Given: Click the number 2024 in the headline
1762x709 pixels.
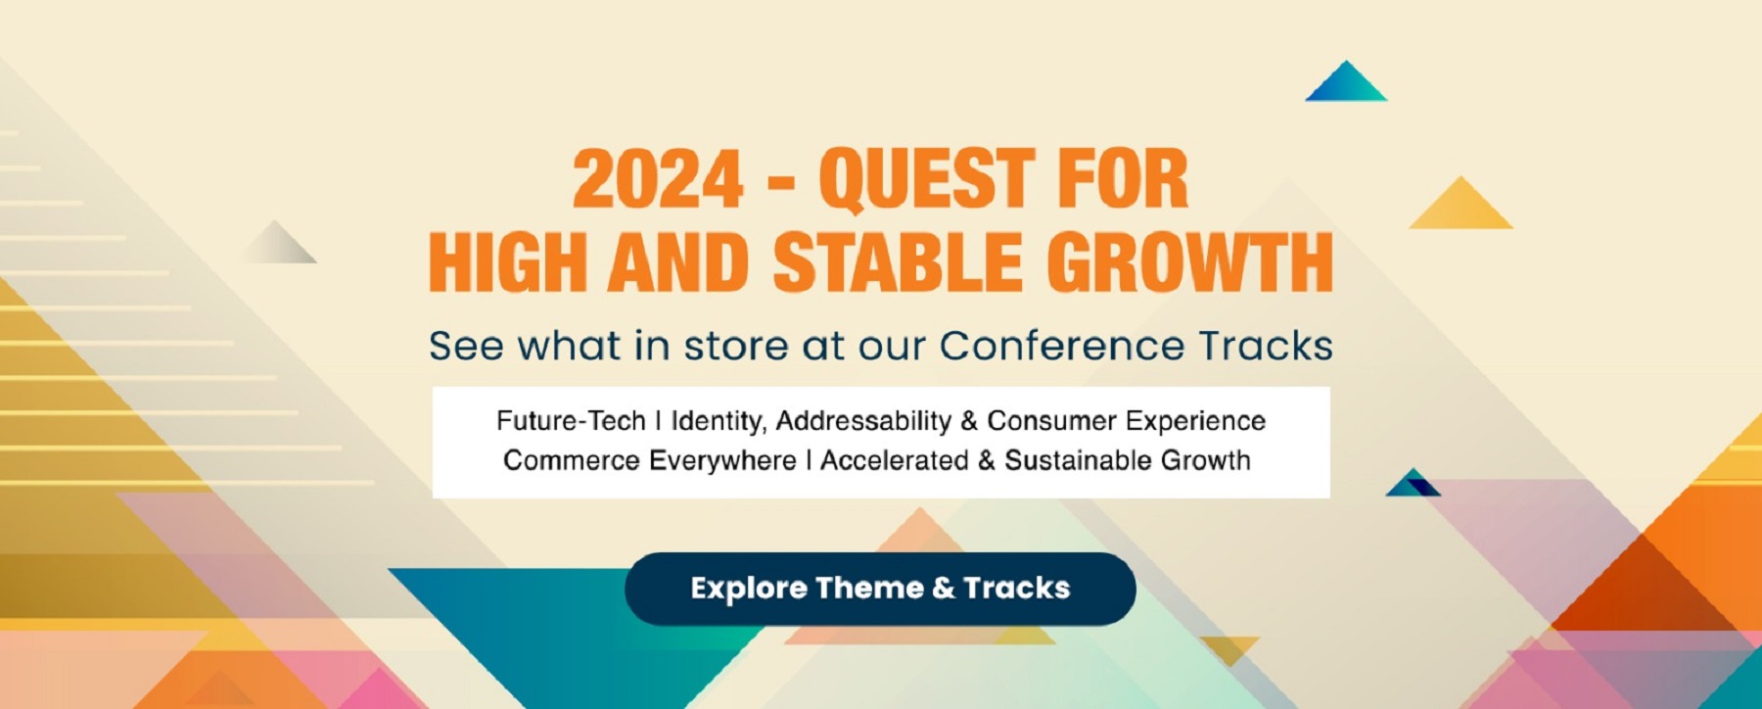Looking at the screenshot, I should (658, 180).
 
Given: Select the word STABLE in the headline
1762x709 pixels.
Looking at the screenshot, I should (897, 262).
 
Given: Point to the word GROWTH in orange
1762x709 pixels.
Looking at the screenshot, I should (1189, 262).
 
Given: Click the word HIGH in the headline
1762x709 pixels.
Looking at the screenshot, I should (507, 262).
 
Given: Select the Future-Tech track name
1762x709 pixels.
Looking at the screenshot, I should (571, 421).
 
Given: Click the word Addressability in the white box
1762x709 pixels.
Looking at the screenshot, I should (862, 421).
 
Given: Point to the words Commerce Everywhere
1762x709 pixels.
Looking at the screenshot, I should (649, 460).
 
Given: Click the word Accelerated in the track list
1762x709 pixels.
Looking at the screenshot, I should (894, 460).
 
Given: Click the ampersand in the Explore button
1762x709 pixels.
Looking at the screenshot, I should (944, 589).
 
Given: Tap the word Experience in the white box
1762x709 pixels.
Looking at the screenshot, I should (1195, 421).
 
